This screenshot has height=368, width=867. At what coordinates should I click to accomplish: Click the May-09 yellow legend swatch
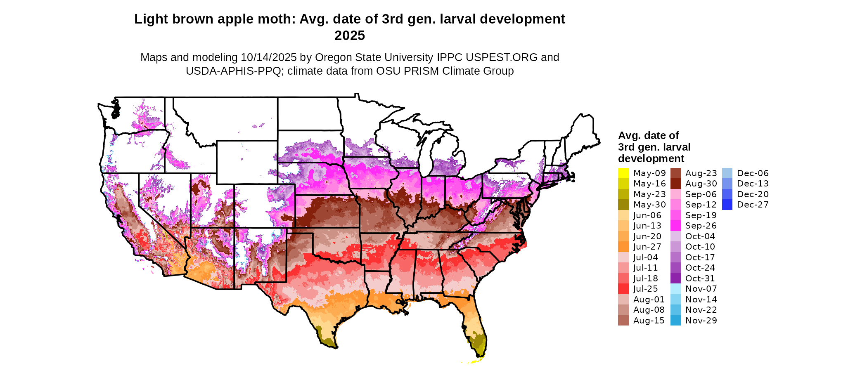point(623,173)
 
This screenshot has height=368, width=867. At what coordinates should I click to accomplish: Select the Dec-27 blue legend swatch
point(727,205)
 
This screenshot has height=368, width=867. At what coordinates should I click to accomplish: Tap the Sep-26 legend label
point(701,226)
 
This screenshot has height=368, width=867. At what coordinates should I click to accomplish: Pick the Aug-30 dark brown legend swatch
point(675,184)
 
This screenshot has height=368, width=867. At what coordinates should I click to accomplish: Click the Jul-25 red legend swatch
point(623,289)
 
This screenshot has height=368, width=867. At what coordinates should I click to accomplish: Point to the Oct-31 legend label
point(700,278)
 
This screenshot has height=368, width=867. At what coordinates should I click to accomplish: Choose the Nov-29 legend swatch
point(675,321)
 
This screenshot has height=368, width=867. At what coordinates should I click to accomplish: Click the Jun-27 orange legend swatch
point(623,247)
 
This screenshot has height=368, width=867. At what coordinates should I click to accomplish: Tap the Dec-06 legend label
point(753,173)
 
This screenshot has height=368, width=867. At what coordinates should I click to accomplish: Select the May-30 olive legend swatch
point(623,205)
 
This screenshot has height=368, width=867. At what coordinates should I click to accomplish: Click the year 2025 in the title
point(349,35)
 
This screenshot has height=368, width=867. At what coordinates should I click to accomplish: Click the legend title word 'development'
point(651,158)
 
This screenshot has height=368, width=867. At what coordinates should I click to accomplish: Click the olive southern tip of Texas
point(328,341)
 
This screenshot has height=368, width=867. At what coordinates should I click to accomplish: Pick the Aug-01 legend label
point(649,300)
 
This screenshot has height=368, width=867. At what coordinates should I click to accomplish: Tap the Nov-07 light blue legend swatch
point(675,289)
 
